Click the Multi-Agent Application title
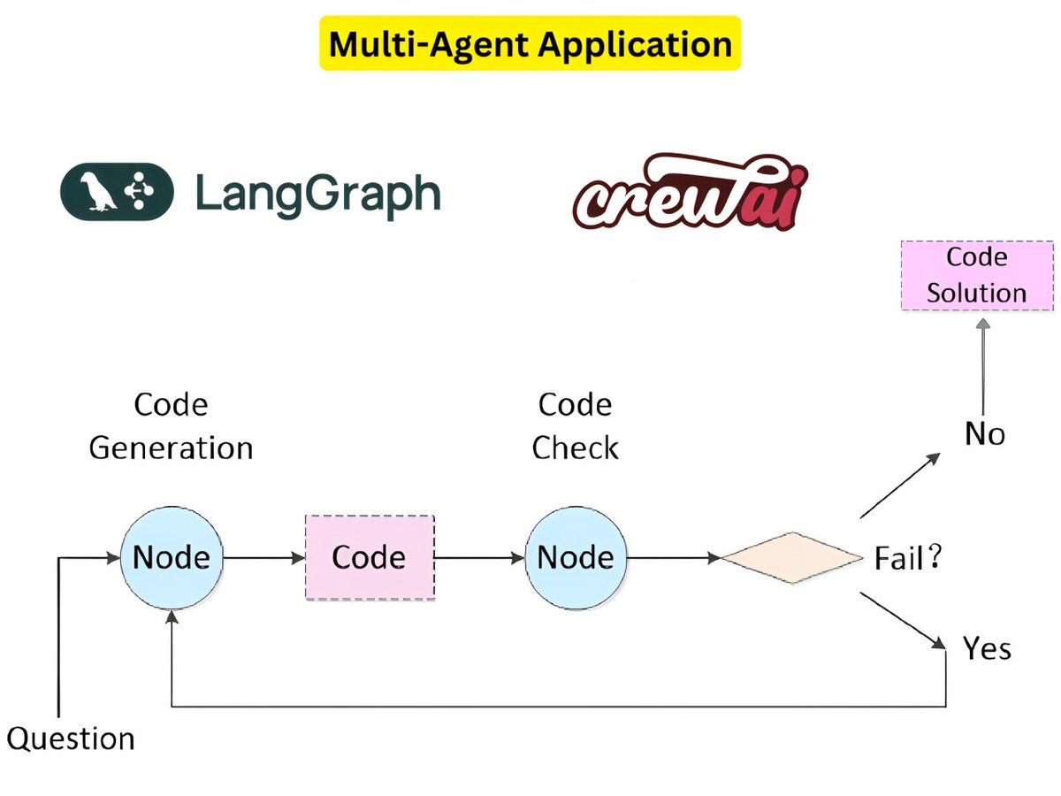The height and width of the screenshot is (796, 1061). (530, 43)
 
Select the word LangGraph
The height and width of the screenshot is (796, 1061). (317, 194)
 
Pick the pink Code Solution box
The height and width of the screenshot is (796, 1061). (976, 274)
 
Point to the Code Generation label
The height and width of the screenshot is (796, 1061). (171, 426)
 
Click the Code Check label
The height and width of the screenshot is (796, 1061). (575, 426)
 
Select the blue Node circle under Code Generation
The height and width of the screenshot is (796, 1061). (171, 557)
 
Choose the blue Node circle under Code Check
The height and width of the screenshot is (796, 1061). (575, 557)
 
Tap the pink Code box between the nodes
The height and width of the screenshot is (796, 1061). (370, 557)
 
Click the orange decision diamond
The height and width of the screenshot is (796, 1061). (791, 558)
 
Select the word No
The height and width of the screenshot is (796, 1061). (984, 434)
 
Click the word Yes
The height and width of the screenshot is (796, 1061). (987, 649)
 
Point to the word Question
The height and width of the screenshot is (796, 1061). (71, 738)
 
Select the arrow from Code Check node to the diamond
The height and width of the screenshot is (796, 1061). (673, 558)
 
